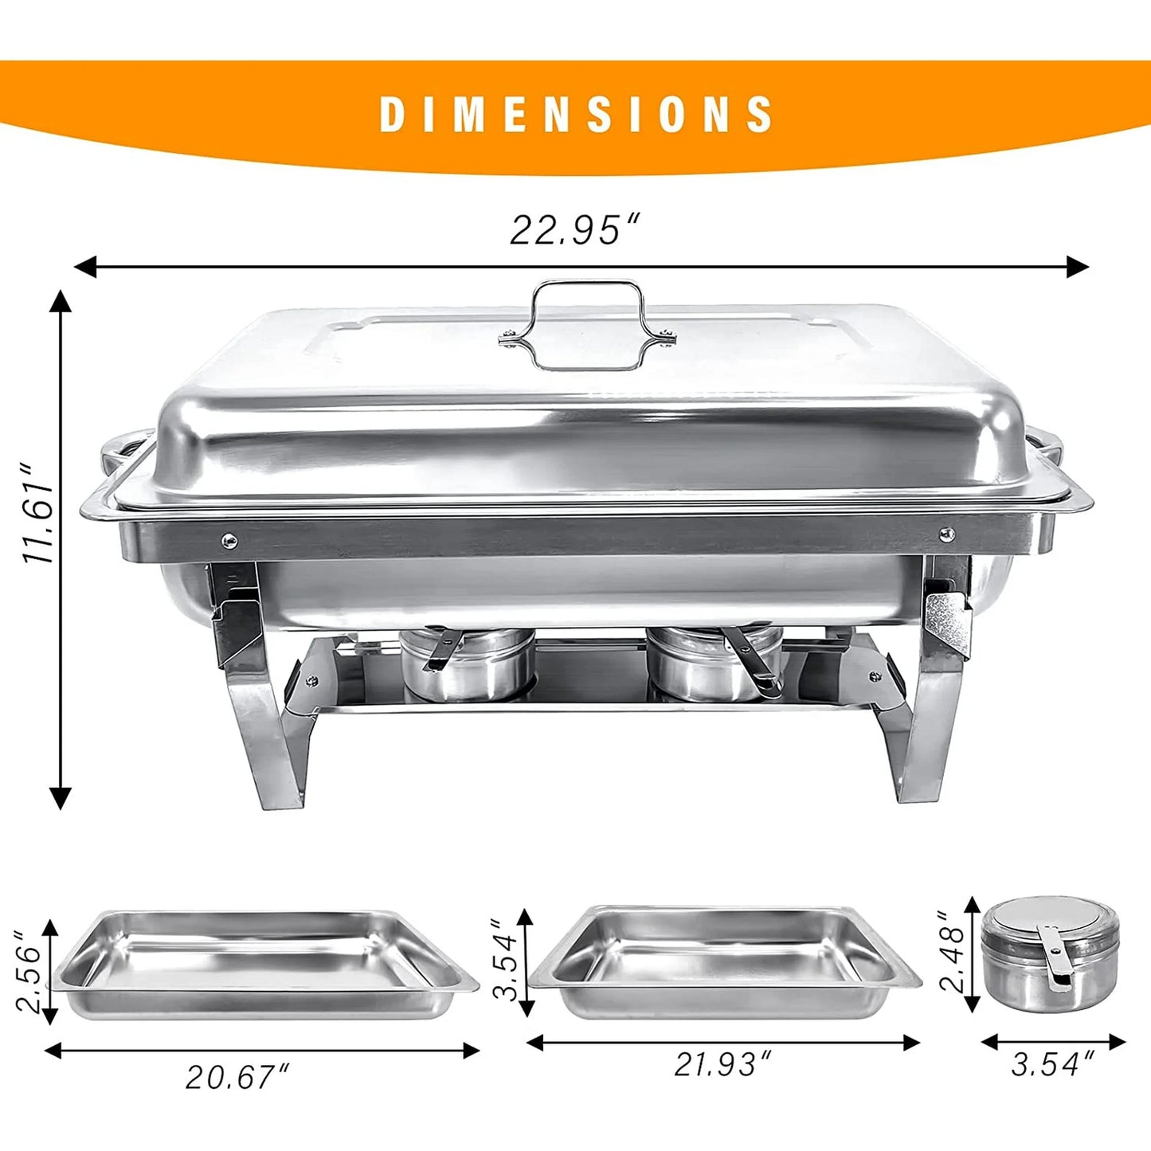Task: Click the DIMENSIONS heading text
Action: click(576, 114)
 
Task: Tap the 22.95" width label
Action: click(575, 231)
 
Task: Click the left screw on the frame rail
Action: click(229, 542)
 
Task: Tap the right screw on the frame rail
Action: click(947, 533)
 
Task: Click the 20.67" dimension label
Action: click(237, 1077)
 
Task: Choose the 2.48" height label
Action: click(953, 952)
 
